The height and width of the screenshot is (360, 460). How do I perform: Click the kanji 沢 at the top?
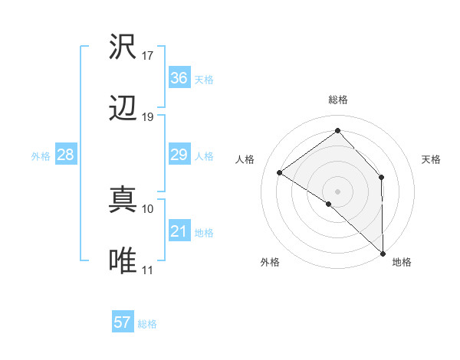(x=123, y=47)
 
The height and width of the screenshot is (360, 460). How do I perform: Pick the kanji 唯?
(x=123, y=261)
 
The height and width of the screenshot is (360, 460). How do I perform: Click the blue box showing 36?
(x=179, y=78)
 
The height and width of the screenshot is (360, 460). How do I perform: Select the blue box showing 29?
(x=179, y=155)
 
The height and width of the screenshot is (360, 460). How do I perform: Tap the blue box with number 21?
(x=179, y=231)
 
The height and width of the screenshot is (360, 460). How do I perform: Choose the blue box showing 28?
(x=66, y=155)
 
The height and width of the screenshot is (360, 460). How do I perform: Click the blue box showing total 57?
(x=122, y=322)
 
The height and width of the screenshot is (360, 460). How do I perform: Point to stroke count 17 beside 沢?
(x=148, y=56)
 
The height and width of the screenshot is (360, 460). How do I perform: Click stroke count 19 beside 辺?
(x=148, y=117)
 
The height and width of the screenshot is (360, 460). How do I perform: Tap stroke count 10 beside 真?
(x=148, y=208)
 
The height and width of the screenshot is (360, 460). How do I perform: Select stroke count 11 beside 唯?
(x=148, y=270)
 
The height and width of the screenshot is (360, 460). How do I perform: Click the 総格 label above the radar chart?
(x=338, y=100)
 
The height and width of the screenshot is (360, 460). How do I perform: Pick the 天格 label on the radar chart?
(x=432, y=159)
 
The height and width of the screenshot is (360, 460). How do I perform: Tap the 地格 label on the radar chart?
(x=402, y=262)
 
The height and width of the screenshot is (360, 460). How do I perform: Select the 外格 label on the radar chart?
(x=270, y=262)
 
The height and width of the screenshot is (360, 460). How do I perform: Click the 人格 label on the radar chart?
(x=245, y=159)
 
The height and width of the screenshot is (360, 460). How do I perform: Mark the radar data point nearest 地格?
(x=383, y=253)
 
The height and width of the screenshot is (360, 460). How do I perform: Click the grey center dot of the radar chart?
(x=337, y=191)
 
